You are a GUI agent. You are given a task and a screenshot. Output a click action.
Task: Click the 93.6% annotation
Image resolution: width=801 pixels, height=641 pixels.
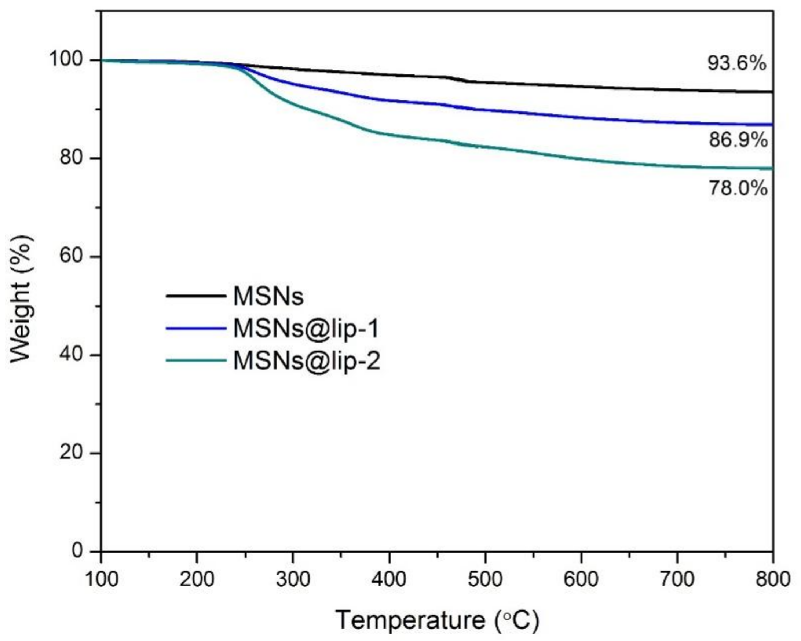(737, 63)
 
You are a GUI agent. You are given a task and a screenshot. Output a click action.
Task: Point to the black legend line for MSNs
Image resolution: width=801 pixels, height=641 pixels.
(196, 296)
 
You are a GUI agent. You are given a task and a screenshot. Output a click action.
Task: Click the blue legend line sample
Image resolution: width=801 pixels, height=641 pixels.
(196, 328)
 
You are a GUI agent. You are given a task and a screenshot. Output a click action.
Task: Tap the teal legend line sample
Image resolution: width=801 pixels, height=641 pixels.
(196, 360)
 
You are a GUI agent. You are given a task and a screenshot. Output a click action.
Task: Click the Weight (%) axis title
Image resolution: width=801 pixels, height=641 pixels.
(20, 299)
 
